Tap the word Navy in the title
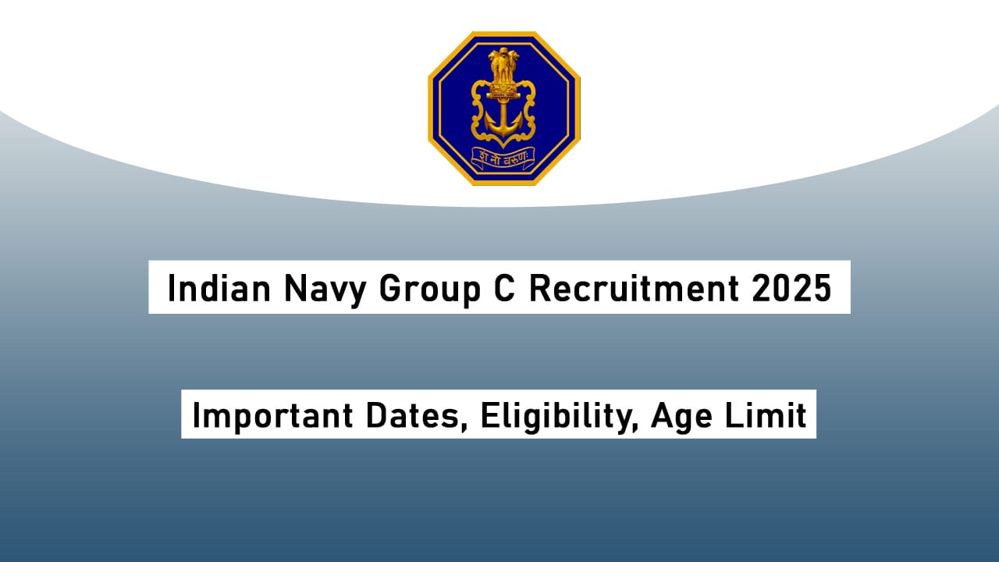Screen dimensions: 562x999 327,289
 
